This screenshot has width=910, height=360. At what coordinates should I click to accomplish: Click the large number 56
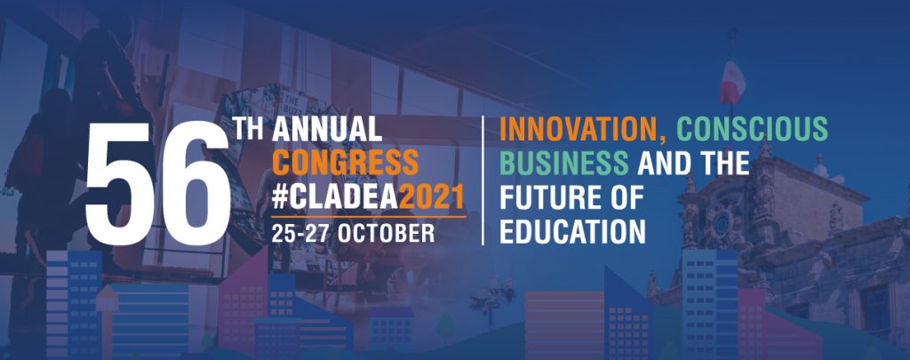158,184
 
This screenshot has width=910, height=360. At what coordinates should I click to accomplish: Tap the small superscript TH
250,128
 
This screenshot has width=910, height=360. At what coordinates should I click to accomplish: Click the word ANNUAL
327,129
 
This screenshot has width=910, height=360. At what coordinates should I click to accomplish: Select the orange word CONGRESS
346,164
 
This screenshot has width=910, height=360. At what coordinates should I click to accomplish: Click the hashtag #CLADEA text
335,197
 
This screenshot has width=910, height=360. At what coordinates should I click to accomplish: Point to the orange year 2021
433,197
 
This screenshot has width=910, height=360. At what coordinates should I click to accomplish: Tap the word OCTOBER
386,232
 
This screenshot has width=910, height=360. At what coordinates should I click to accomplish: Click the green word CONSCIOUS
752,129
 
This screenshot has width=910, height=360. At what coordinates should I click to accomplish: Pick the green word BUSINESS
564,164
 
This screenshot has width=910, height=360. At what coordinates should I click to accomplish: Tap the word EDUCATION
573,232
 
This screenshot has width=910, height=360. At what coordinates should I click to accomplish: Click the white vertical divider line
483,180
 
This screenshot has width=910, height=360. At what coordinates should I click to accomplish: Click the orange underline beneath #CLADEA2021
369,217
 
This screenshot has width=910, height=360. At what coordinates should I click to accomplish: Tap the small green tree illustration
445,326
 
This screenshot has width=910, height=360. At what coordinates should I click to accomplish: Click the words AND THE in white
693,164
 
